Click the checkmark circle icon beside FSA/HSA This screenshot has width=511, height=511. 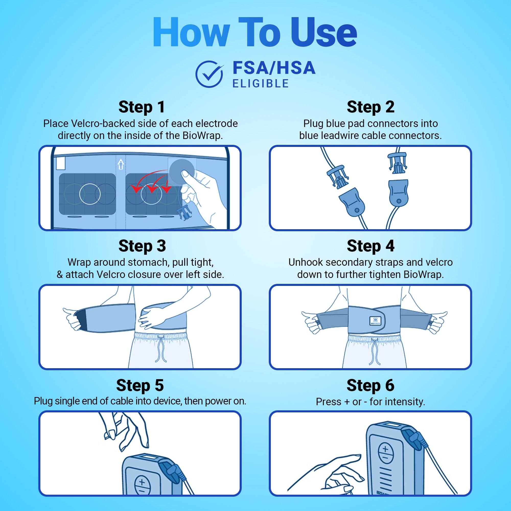pos(209,74)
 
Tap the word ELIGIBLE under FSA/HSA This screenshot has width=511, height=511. pos(261,84)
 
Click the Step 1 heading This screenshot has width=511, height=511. pos(142,107)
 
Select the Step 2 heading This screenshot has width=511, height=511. pos(370,107)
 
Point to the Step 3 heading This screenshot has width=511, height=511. pos(142,246)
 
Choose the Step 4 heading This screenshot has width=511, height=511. pos(370,246)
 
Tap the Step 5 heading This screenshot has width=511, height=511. pos(140,385)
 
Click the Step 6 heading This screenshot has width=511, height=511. pos(370,385)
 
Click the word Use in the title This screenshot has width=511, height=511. pos(324,32)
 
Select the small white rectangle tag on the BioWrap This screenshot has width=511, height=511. pos(61,164)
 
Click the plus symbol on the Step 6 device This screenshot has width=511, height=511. pos(385,449)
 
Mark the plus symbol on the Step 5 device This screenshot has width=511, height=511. pos(142,482)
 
